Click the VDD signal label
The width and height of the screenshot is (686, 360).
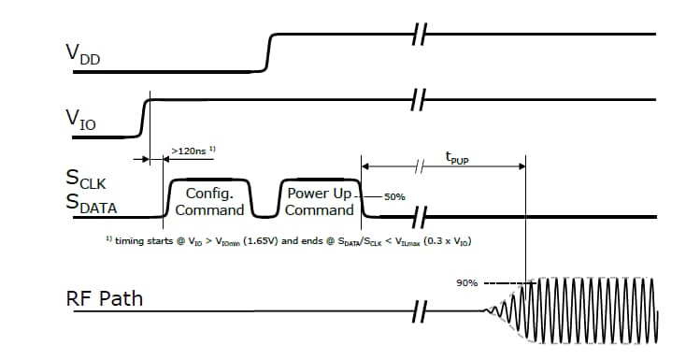pyautogui.click(x=82, y=55)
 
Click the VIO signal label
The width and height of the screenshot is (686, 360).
pyautogui.click(x=80, y=119)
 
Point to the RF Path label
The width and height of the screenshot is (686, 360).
pyautogui.click(x=104, y=300)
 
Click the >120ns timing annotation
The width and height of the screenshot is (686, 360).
pyautogui.click(x=194, y=149)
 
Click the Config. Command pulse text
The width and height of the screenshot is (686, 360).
pyautogui.click(x=209, y=201)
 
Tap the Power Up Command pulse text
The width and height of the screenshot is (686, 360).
pyautogui.click(x=320, y=201)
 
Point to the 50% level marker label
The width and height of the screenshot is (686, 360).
pyautogui.click(x=393, y=197)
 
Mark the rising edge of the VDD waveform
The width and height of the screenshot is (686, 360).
pyautogui.click(x=269, y=51)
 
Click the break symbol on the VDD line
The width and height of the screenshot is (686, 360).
pyautogui.click(x=419, y=35)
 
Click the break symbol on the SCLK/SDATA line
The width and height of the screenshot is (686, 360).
pyautogui.click(x=421, y=216)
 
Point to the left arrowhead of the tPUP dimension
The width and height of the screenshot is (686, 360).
pyautogui.click(x=365, y=166)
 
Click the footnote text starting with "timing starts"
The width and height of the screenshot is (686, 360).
pyautogui.click(x=289, y=240)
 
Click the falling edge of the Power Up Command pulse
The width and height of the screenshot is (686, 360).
pyautogui.click(x=360, y=197)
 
